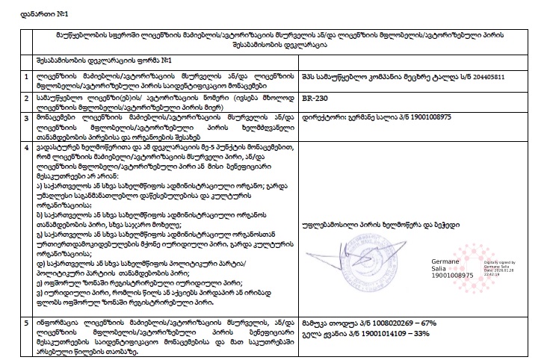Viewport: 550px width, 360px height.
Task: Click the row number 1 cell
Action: [x=27, y=76]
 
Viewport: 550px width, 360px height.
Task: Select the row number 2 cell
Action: [x=27, y=97]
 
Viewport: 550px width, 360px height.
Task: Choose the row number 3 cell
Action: [x=27, y=118]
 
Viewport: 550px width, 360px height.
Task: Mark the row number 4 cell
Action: [x=27, y=148]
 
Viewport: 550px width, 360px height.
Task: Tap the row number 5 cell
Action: [x=27, y=323]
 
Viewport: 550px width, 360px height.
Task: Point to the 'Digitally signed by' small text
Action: [x=502, y=264]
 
